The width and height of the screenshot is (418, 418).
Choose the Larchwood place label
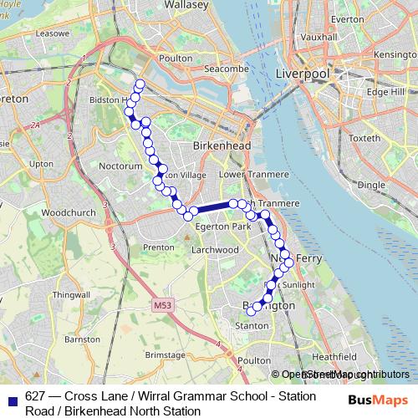[x=216, y=249]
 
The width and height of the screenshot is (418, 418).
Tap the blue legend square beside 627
[x=10, y=395]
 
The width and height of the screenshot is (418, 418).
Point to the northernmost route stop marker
[x=140, y=84]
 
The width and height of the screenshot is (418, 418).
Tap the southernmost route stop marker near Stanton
[x=251, y=312]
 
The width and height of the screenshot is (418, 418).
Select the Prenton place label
[x=159, y=247]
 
